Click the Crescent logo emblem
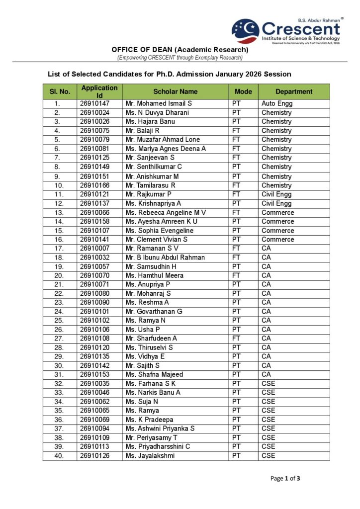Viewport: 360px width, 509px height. pyautogui.click(x=245, y=30)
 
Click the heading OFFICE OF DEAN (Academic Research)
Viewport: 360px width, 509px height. pyautogui.click(x=180, y=50)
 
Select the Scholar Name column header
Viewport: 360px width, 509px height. pyautogui.click(x=175, y=91)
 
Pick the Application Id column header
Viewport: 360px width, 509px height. pyautogui.click(x=99, y=91)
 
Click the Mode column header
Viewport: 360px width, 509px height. pyautogui.click(x=243, y=91)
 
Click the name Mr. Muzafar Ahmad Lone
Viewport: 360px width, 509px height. pyautogui.click(x=163, y=140)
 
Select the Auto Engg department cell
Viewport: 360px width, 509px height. pyautogui.click(x=277, y=104)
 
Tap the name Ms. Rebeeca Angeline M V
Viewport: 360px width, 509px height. pyautogui.click(x=166, y=213)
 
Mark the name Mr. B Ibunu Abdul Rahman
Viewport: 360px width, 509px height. pyautogui.click(x=165, y=257)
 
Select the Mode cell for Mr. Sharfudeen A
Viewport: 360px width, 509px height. pyautogui.click(x=236, y=339)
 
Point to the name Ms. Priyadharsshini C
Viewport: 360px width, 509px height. pyautogui.click(x=158, y=446)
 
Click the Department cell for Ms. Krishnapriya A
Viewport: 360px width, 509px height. pyautogui.click(x=276, y=203)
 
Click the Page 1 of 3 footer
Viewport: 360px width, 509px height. pyautogui.click(x=285, y=479)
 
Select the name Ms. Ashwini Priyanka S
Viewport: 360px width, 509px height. pyautogui.click(x=160, y=428)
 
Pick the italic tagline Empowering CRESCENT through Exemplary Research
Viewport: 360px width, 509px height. pyautogui.click(x=180, y=58)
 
